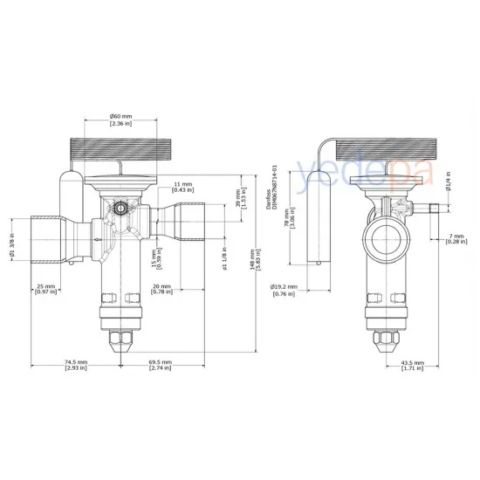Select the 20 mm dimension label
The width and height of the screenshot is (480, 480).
point(161,287)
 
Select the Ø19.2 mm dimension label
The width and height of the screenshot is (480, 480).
point(285,289)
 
